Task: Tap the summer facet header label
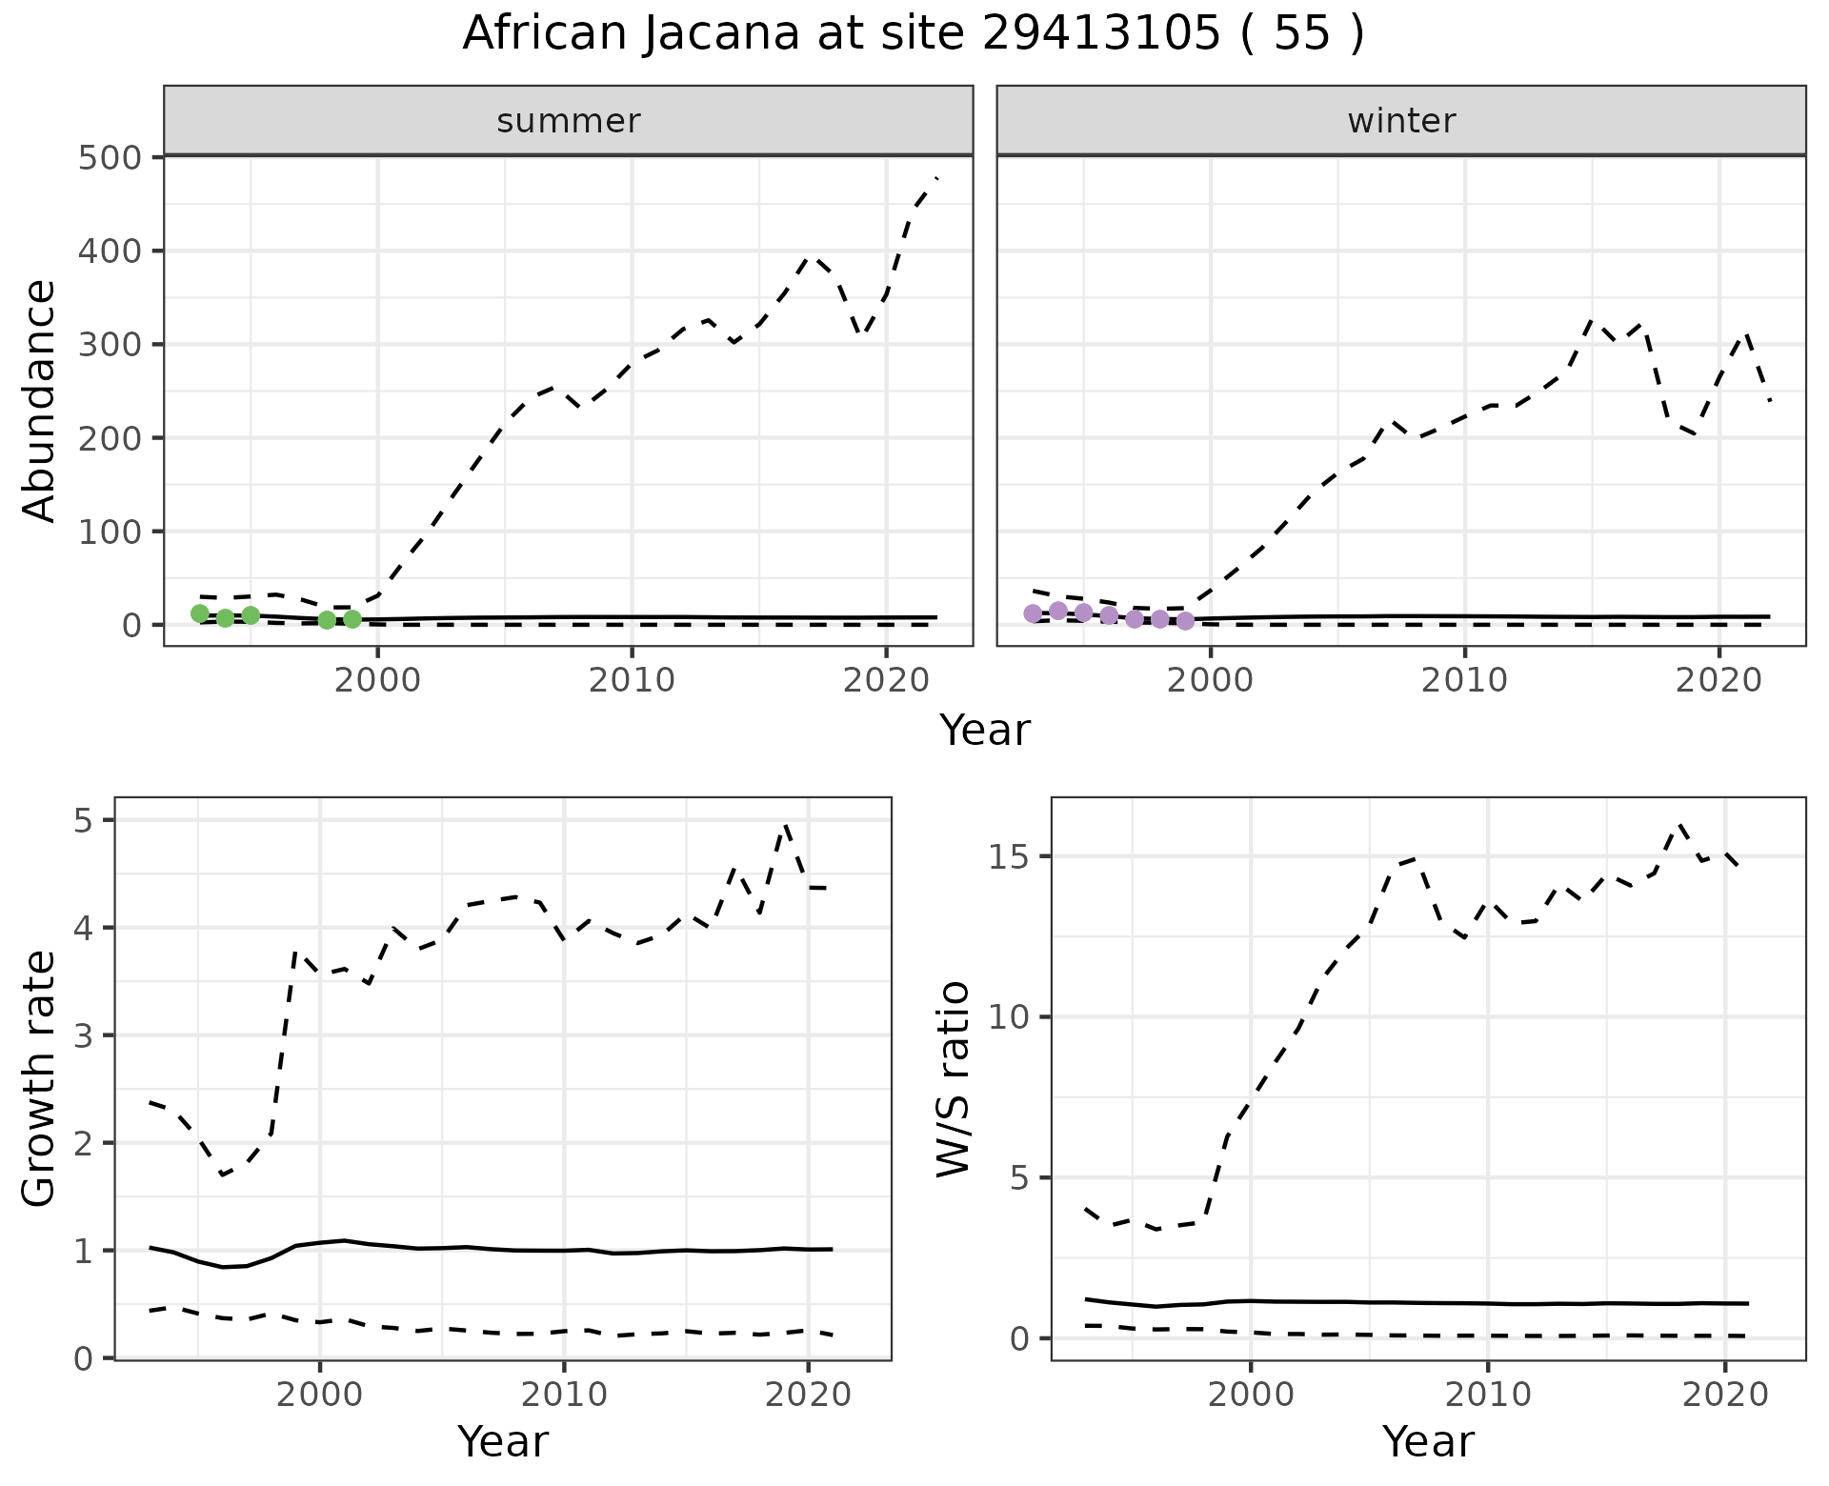569,121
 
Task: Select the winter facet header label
1401,121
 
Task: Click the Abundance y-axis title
40,400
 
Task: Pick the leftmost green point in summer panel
200,613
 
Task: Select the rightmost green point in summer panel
352,619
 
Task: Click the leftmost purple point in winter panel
1033,613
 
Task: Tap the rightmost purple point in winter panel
1185,621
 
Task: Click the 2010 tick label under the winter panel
1465,680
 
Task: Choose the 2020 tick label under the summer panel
886,680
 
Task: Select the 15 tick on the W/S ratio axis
1010,856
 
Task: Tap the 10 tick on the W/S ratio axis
1010,1017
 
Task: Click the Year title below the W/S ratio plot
1428,1442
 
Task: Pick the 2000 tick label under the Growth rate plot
320,1396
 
